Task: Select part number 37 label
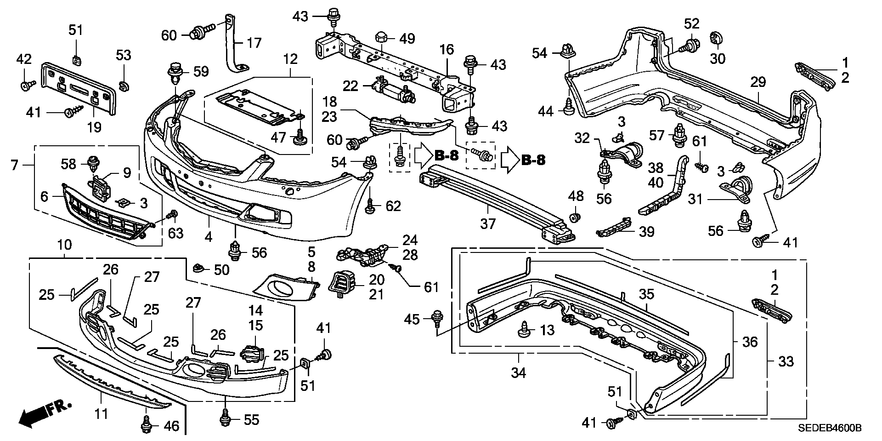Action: [x=488, y=224]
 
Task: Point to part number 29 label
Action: [x=758, y=83]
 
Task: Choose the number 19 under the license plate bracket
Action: [x=94, y=127]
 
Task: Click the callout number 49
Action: [x=407, y=39]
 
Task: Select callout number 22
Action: [x=363, y=86]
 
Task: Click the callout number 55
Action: [x=251, y=419]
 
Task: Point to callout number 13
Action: [x=548, y=330]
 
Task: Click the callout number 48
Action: [x=576, y=196]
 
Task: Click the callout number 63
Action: [x=175, y=233]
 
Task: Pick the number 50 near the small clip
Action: [x=221, y=269]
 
